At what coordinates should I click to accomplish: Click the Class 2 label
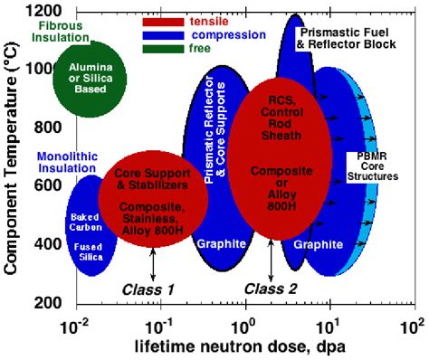[x=269, y=289]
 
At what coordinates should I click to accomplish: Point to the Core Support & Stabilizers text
[x=155, y=179]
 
